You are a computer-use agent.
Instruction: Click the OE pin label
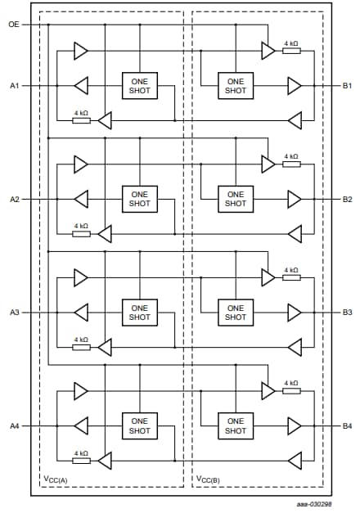click(x=13, y=25)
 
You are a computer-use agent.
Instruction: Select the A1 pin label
click(x=14, y=85)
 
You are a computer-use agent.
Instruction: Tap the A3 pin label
click(x=14, y=313)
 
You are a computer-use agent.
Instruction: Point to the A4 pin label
click(x=14, y=426)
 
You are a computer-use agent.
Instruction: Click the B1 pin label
click(x=347, y=85)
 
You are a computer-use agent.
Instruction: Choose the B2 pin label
click(x=347, y=199)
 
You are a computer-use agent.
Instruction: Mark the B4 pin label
click(x=347, y=426)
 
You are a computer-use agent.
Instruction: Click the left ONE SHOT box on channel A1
click(x=140, y=85)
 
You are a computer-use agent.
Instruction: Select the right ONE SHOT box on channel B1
click(x=235, y=85)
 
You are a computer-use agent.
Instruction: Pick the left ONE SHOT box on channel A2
click(x=140, y=199)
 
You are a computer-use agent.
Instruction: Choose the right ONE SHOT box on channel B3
click(x=235, y=313)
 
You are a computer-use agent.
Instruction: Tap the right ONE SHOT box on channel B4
click(x=235, y=426)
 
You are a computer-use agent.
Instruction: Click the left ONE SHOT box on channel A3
click(x=140, y=313)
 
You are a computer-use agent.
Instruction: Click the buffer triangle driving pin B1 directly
click(x=294, y=85)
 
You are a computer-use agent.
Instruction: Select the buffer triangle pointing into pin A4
click(x=81, y=425)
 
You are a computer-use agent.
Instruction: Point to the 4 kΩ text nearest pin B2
click(x=290, y=156)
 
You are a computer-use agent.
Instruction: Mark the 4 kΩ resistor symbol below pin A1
click(x=81, y=120)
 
